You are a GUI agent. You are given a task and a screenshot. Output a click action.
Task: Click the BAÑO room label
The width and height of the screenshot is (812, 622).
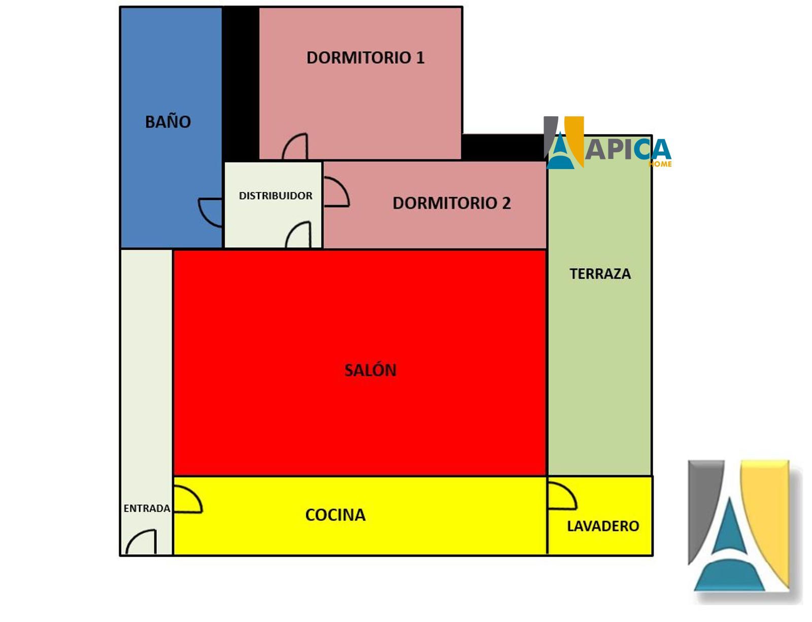tap(168, 121)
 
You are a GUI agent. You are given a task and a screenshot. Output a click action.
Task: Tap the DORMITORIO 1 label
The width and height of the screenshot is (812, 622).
tap(365, 57)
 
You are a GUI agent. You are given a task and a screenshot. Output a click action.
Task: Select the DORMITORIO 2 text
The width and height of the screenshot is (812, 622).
tap(451, 203)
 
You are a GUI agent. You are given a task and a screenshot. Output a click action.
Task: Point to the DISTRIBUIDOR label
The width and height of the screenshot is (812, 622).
tap(276, 195)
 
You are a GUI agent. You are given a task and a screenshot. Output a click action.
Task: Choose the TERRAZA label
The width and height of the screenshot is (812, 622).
tap(600, 274)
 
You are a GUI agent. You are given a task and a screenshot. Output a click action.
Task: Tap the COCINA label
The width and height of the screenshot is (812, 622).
tap(335, 515)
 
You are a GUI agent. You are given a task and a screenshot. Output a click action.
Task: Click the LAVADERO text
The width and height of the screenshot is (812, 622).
tap(603, 526)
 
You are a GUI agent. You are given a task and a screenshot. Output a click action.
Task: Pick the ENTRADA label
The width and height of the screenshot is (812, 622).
tap(147, 508)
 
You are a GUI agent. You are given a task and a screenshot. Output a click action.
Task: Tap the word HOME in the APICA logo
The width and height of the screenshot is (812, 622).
tap(660, 163)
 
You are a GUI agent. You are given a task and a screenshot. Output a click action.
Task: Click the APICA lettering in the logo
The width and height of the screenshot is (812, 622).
tap(628, 149)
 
